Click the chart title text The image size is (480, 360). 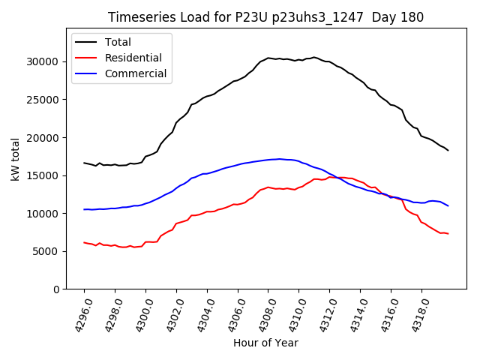point(265,17)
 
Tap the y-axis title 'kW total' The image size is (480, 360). point(16,160)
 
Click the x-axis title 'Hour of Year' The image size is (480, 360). point(265,343)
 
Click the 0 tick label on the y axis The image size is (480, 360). point(57,289)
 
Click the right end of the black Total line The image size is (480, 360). point(448,150)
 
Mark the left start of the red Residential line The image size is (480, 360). point(84,242)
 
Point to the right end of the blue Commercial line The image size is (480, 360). point(448,205)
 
